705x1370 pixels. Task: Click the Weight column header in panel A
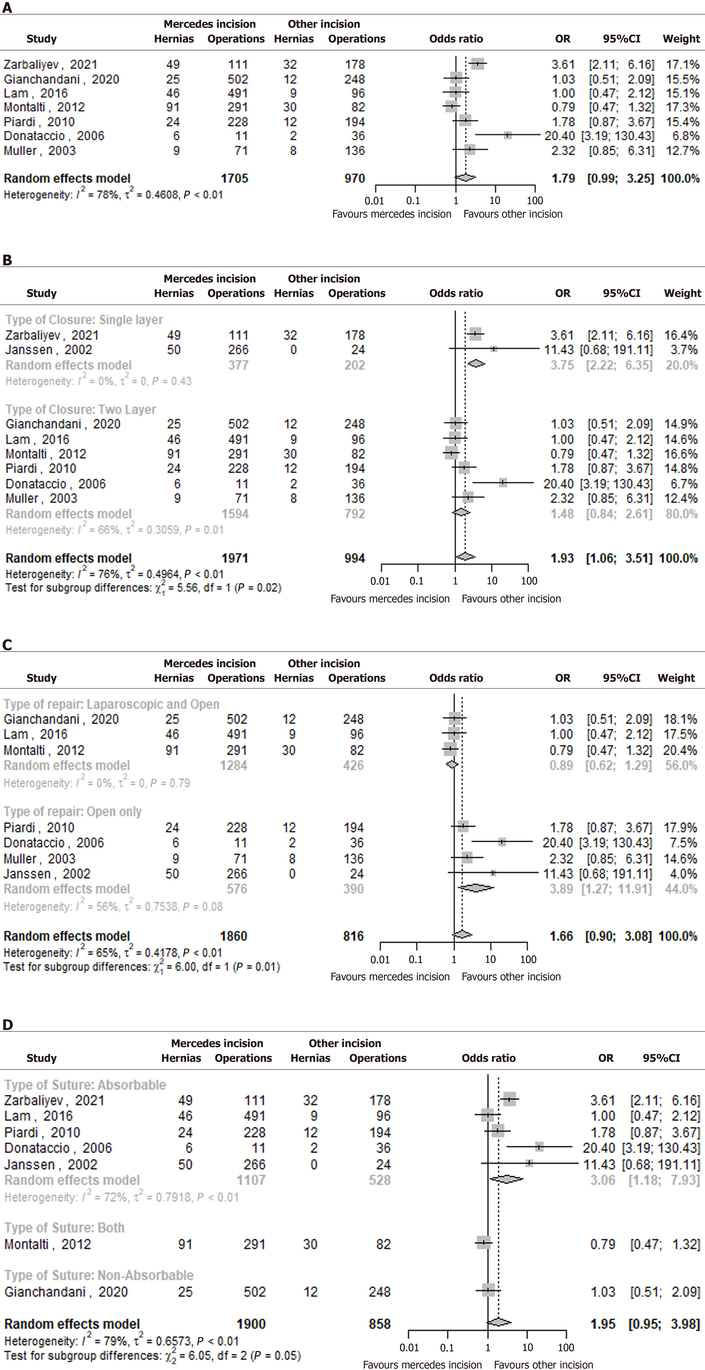tap(681, 39)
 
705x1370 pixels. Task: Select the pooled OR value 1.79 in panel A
tap(563, 179)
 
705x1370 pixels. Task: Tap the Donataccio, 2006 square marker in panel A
tap(508, 136)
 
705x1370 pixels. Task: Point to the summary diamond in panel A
tap(465, 178)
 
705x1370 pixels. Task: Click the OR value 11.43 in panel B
tap(559, 350)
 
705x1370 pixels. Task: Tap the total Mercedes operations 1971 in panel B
tap(235, 558)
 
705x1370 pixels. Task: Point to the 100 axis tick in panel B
tap(529, 581)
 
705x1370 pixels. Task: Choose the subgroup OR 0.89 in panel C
tap(561, 766)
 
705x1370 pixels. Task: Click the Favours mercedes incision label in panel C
tap(390, 977)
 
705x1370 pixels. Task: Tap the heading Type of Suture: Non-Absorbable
tap(99, 1275)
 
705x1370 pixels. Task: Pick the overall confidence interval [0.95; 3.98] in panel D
tap(664, 1324)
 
